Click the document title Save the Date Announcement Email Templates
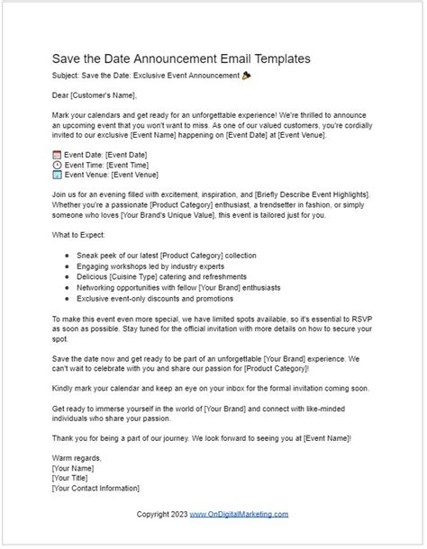tap(182, 58)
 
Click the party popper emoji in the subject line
tap(247, 76)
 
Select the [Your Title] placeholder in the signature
tap(76, 479)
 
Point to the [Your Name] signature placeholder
tap(77, 469)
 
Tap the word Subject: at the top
tap(67, 76)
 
